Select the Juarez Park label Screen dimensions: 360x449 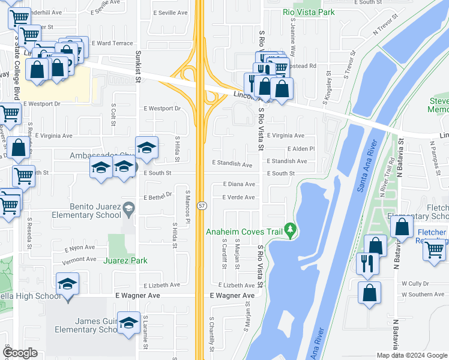point(125,260)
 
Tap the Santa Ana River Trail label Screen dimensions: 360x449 point(369,166)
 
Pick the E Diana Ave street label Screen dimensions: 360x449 point(239,185)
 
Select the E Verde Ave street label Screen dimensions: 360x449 point(239,197)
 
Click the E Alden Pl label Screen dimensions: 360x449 point(301,149)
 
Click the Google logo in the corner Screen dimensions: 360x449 point(20,353)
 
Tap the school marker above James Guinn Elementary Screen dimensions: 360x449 point(128,323)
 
